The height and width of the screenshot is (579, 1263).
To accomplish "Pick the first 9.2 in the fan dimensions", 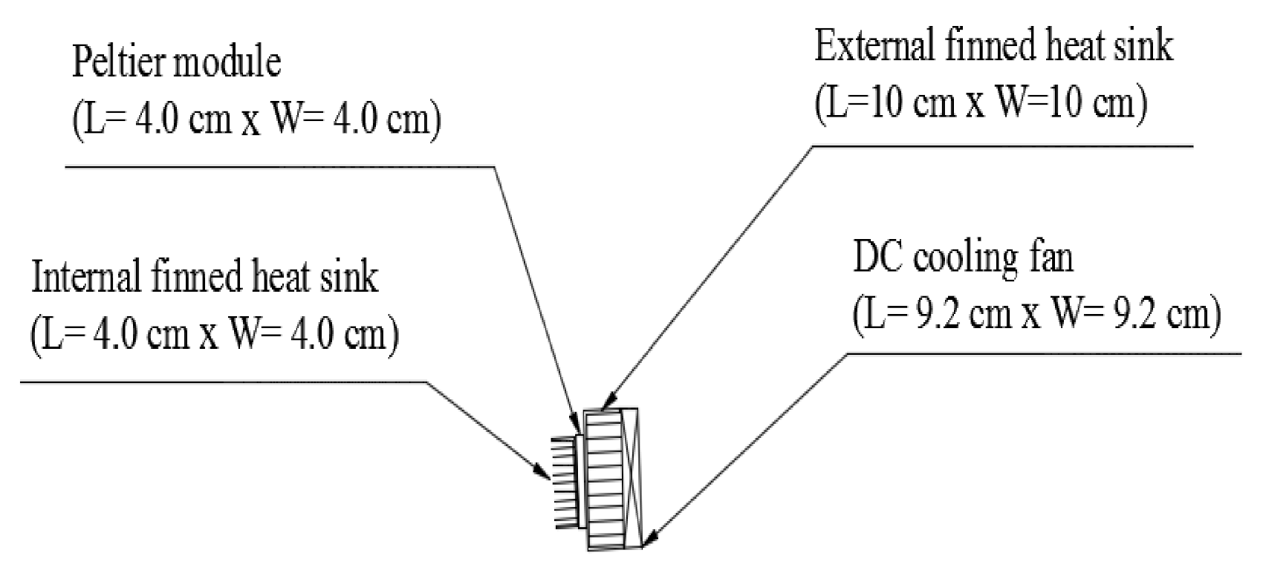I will coord(935,315).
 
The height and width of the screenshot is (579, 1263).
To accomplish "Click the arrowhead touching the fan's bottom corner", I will coord(652,539).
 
